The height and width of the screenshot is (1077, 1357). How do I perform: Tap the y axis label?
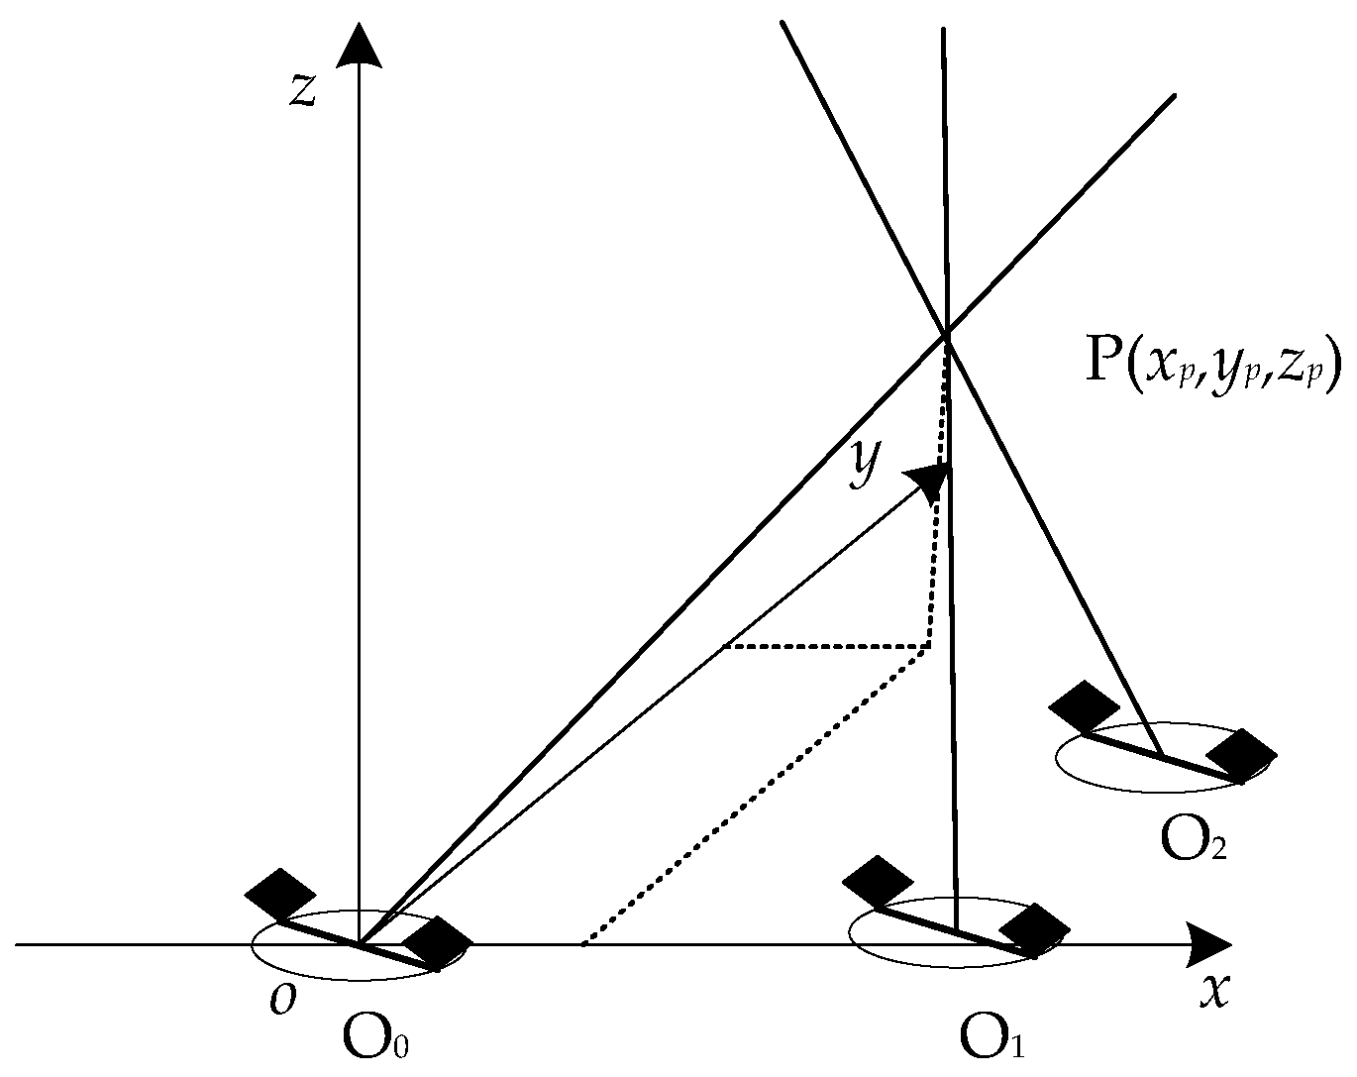(x=864, y=464)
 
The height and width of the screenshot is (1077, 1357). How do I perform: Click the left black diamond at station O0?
(x=280, y=894)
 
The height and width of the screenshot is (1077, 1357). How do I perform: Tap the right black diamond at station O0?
(x=436, y=941)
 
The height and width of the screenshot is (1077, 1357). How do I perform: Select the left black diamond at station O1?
(x=877, y=880)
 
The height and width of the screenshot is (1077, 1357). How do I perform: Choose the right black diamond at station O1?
(x=1034, y=929)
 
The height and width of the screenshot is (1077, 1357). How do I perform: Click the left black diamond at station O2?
(x=1084, y=706)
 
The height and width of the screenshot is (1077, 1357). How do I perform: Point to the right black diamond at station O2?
(x=1241, y=755)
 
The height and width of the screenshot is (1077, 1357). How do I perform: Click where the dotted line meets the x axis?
(x=584, y=943)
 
